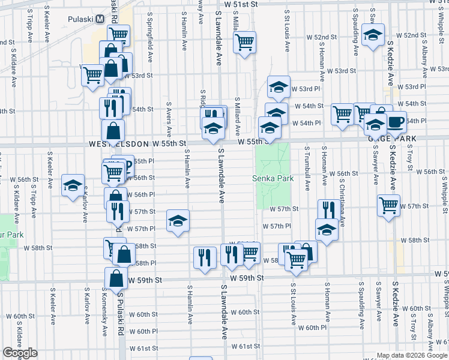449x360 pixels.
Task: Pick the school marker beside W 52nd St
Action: tap(373, 36)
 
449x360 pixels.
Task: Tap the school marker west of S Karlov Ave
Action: tap(73, 185)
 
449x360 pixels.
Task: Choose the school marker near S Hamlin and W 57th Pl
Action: tap(178, 221)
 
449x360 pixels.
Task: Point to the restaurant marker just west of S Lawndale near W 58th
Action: tap(205, 257)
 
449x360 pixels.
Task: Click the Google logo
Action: tap(20, 353)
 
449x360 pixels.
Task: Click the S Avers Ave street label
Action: tap(169, 119)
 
